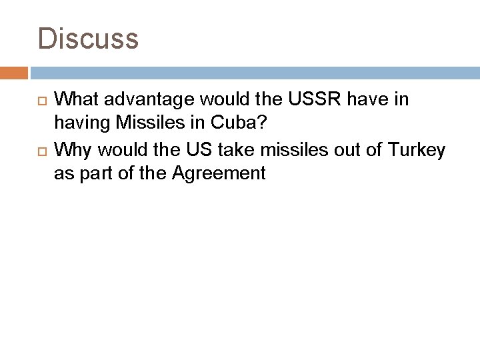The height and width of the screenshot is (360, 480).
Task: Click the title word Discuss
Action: point(89,38)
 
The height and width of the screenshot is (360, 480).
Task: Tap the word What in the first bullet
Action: point(75,100)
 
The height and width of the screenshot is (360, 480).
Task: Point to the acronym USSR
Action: point(303,100)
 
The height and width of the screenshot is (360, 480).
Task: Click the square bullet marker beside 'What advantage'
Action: point(41,101)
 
